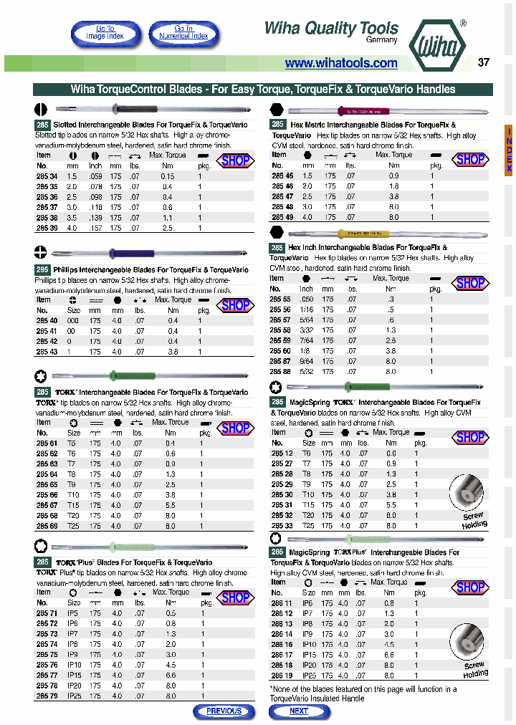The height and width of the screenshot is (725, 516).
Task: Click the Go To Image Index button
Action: pos(105,33)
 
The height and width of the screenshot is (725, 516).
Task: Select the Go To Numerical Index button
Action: pos(184,33)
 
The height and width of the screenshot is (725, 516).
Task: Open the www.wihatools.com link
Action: pos(341,63)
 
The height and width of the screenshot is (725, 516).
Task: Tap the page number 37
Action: pos(484,62)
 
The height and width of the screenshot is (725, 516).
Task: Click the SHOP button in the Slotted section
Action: pos(235,160)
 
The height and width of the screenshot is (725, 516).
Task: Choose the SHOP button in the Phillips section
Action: pos(235,305)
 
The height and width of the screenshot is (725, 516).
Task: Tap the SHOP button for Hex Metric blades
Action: pos(470,159)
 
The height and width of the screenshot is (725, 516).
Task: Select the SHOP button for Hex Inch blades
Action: pos(470,283)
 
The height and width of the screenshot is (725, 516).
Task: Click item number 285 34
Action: pos(47,176)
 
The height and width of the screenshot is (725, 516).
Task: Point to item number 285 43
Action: pos(47,352)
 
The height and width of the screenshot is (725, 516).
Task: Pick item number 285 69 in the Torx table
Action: pos(47,526)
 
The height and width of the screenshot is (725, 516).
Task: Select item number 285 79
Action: pos(47,696)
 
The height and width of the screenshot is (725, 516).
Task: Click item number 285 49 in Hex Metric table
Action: pos(282,216)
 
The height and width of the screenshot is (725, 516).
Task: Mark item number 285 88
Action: pos(282,372)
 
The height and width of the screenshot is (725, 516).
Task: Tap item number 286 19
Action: pos(282,675)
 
